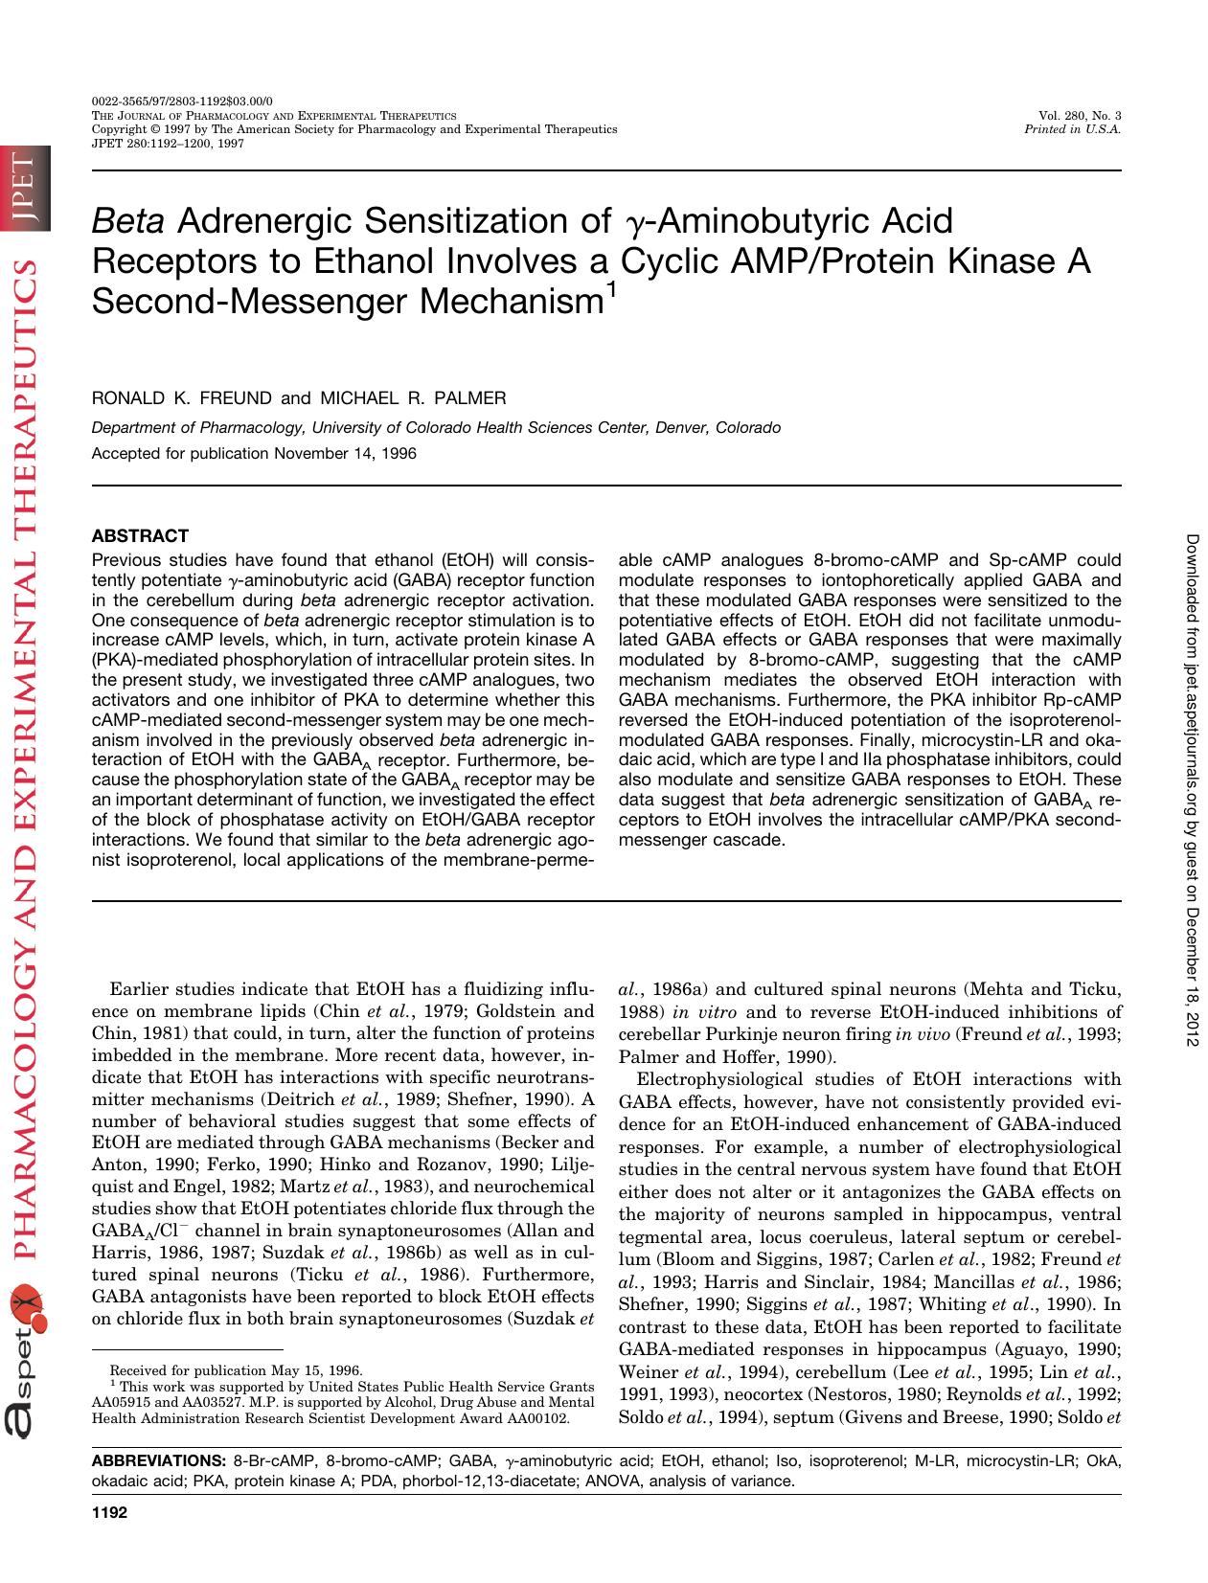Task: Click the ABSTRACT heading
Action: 140,536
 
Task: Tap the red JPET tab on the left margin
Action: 23,190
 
